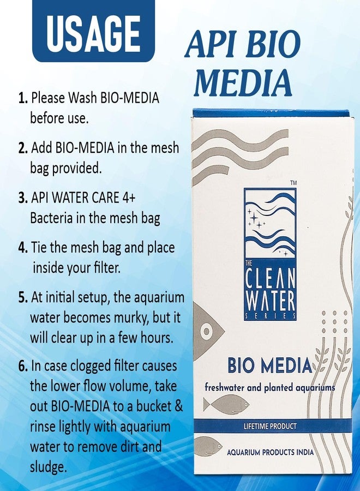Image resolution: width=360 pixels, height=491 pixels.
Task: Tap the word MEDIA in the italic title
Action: click(242, 84)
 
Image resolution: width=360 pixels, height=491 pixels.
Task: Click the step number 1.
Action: click(23, 99)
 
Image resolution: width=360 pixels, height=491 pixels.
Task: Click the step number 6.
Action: click(23, 366)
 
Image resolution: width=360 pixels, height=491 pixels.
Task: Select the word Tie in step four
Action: click(41, 248)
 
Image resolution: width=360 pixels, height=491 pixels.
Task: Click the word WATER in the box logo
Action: click(271, 301)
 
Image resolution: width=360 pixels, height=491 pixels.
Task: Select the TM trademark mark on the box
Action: click(294, 182)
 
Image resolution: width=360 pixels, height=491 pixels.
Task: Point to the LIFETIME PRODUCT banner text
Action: click(271, 426)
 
